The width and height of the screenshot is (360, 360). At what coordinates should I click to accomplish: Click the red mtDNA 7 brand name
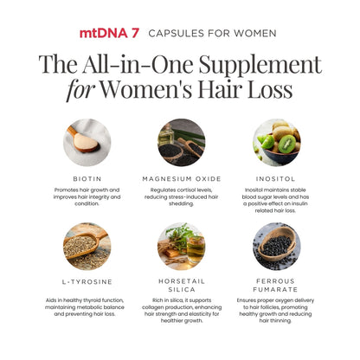point(109,33)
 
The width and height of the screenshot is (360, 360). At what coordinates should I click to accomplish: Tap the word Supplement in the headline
point(260,65)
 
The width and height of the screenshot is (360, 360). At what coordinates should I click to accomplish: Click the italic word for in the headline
point(80,90)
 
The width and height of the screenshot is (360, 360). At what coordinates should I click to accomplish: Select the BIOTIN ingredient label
point(87,179)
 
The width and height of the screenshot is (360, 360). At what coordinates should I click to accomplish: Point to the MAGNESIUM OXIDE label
point(182,179)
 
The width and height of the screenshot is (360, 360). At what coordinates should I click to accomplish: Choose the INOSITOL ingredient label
point(275,179)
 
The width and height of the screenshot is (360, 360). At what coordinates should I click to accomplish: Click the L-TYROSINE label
point(87,282)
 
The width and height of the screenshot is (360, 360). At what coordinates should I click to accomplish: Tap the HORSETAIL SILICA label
point(182,286)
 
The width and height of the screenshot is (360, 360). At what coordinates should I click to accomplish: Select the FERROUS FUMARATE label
point(275,286)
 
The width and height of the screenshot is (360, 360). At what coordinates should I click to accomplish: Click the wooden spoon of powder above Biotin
point(83,141)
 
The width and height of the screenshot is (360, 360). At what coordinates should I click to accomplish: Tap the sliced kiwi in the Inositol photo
point(286,144)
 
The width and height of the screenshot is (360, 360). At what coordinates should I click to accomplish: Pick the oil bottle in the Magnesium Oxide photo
point(166,134)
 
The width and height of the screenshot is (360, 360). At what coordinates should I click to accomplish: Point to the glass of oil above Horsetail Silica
point(196,249)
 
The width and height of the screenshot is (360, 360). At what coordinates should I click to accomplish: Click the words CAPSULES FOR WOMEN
point(212,34)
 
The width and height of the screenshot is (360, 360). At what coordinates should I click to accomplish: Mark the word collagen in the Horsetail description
point(152,307)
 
